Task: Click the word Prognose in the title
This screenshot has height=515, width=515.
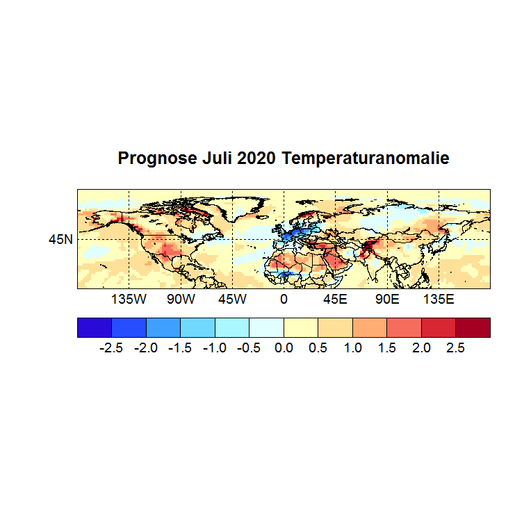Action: coord(148,158)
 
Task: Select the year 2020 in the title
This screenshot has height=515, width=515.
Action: coord(256,158)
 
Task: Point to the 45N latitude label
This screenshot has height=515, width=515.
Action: coord(60,240)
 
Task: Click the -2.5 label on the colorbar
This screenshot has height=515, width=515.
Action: coord(111,348)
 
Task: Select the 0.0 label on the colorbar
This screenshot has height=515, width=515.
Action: coord(284,348)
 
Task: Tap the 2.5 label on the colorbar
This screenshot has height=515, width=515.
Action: coord(455,348)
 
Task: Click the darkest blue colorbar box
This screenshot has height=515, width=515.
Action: coord(95,327)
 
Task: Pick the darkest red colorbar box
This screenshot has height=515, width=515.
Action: coord(473,327)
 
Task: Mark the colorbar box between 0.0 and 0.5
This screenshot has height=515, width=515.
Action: coord(301,327)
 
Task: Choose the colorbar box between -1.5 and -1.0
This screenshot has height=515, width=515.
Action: coord(197,327)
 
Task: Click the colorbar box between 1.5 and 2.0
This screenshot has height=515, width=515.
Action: coord(404,327)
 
